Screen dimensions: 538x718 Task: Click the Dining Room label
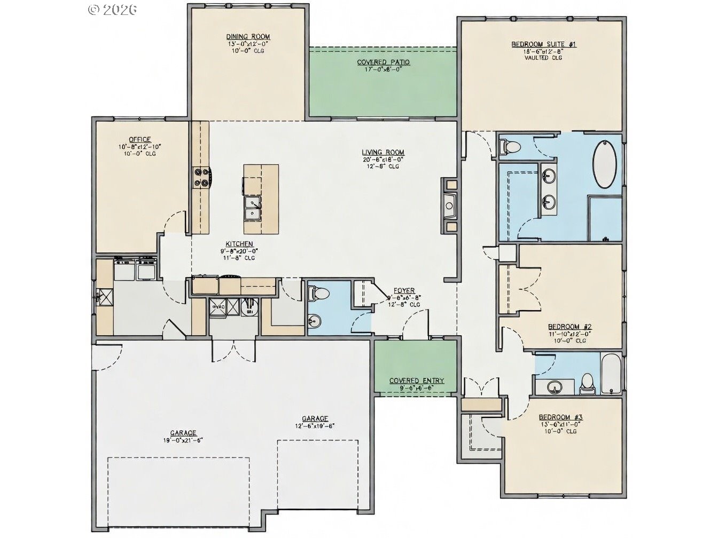click(248, 37)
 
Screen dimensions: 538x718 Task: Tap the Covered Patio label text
click(383, 62)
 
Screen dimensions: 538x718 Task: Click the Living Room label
click(383, 152)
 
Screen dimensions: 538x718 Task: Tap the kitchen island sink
click(252, 208)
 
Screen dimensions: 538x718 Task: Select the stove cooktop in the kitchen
click(204, 177)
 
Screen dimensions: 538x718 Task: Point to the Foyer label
click(404, 291)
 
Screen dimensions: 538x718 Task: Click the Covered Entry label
click(416, 381)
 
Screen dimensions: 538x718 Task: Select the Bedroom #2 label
click(569, 326)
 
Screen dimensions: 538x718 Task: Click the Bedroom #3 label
click(560, 417)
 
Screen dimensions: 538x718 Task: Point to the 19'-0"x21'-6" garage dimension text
click(183, 440)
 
